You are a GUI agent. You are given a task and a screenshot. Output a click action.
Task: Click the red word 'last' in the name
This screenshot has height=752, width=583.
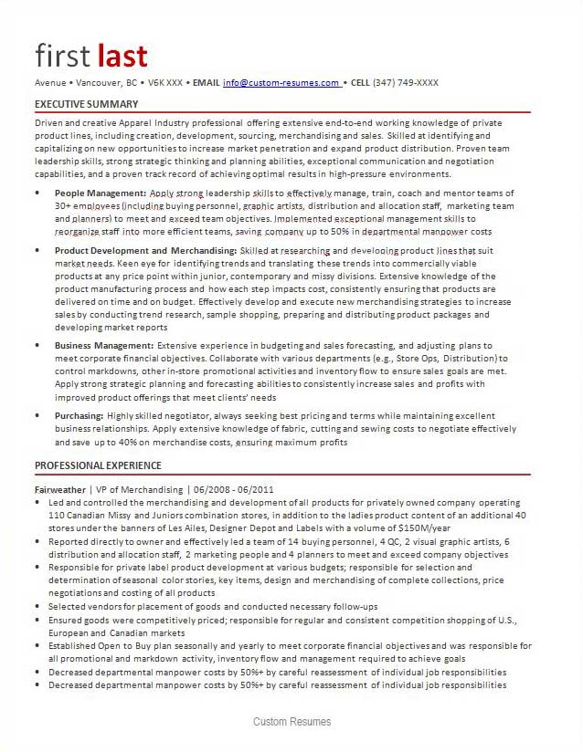click(122, 56)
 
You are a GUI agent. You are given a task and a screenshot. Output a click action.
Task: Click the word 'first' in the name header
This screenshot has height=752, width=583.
click(63, 56)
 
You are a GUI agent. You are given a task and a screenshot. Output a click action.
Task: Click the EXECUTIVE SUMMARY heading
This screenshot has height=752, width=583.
click(87, 104)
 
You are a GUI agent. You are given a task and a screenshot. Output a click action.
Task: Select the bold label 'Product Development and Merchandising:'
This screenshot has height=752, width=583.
click(145, 250)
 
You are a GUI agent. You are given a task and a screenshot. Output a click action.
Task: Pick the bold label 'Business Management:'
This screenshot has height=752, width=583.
click(104, 346)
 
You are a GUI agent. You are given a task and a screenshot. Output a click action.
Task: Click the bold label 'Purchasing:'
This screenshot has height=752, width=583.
click(79, 415)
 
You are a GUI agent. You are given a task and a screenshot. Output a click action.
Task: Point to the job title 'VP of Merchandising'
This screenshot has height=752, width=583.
click(141, 489)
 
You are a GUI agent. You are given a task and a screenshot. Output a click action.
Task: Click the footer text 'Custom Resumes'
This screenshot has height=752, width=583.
click(292, 722)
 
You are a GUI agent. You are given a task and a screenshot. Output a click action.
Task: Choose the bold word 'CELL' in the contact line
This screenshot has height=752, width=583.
click(362, 83)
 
